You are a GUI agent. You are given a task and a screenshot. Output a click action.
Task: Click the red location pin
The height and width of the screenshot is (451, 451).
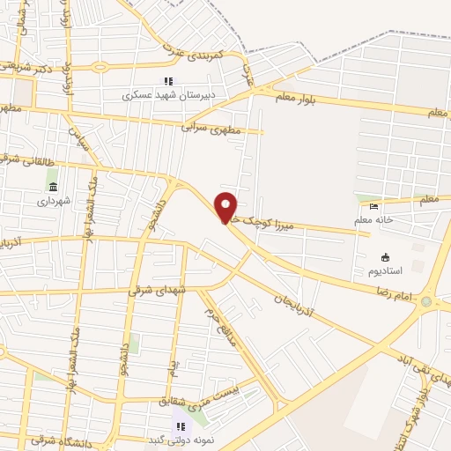(226, 207)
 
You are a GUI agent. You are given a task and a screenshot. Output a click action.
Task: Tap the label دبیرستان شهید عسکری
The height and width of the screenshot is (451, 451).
(166, 95)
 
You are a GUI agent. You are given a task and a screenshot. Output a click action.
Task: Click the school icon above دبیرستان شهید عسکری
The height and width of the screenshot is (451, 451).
(167, 82)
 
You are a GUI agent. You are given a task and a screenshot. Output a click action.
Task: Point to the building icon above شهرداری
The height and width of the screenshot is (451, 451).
(54, 188)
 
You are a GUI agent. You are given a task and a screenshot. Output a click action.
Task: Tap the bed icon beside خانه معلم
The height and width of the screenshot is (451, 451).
(374, 207)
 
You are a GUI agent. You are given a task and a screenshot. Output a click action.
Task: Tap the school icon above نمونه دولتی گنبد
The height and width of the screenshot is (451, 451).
(181, 426)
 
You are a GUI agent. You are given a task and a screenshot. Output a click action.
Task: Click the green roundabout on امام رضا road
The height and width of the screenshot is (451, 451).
(427, 301)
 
